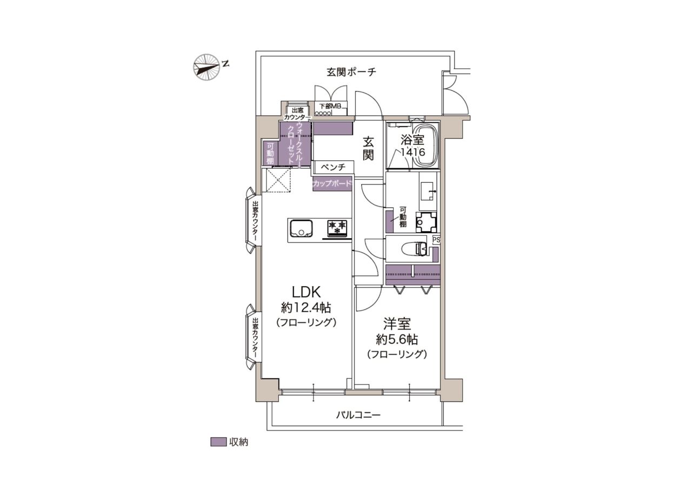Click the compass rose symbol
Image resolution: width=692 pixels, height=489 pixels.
click(207, 68)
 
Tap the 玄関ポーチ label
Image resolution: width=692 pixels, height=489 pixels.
click(351, 72)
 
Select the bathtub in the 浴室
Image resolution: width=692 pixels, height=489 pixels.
click(425, 144)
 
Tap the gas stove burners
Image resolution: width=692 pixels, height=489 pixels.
click(337, 228)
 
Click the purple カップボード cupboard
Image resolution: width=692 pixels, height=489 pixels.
click(332, 184)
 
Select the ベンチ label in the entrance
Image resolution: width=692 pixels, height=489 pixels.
click(333, 167)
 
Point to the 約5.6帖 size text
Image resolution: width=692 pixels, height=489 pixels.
click(397, 340)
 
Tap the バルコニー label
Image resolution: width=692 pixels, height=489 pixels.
click(358, 414)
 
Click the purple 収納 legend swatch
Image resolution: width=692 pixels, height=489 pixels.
click(218, 442)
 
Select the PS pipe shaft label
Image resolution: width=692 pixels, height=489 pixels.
click(436, 240)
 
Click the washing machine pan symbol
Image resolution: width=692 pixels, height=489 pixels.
click(427, 221)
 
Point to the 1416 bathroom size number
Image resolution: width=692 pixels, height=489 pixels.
click(412, 152)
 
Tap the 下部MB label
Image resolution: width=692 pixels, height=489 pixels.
click(330, 106)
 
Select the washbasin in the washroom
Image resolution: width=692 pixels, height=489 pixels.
click(428, 192)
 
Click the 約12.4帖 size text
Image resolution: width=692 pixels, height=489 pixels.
click(306, 308)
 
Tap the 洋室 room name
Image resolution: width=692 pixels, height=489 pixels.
click(397, 323)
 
